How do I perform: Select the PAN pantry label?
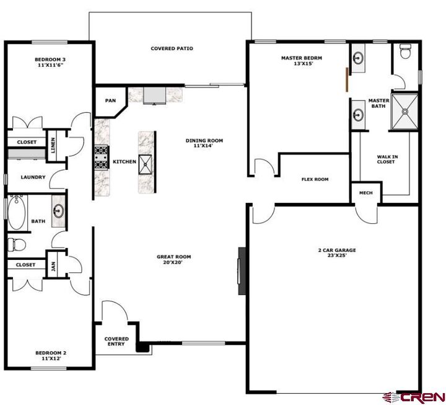point(110,100)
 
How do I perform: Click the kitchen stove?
point(101,157)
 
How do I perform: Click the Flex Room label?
point(315,179)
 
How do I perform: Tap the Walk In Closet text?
point(387,159)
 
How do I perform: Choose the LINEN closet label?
point(53,145)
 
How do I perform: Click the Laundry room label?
point(33,177)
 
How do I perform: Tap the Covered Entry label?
point(116,342)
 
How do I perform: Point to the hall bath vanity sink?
point(59,211)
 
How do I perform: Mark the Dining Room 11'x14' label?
point(204,143)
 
